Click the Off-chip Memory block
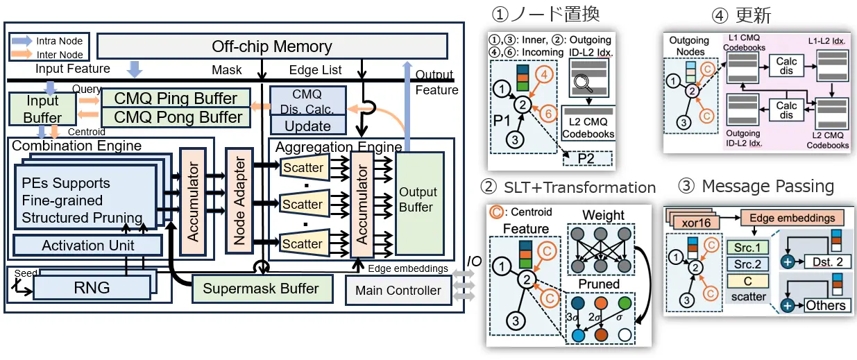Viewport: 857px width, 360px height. tap(271, 46)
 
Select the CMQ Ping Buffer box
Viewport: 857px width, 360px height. tap(176, 98)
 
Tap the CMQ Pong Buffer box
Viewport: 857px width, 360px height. tap(178, 117)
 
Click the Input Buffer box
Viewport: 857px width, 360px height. tap(42, 109)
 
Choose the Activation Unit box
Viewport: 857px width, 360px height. tap(88, 246)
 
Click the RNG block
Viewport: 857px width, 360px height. tap(92, 286)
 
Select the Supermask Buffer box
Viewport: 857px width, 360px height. tap(261, 288)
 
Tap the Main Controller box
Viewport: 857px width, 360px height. tap(398, 290)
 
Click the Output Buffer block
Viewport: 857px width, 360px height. tap(418, 200)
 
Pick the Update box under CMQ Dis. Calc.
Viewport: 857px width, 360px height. tap(307, 126)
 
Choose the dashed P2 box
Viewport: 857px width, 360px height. tap(587, 159)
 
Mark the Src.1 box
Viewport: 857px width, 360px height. tap(748, 248)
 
